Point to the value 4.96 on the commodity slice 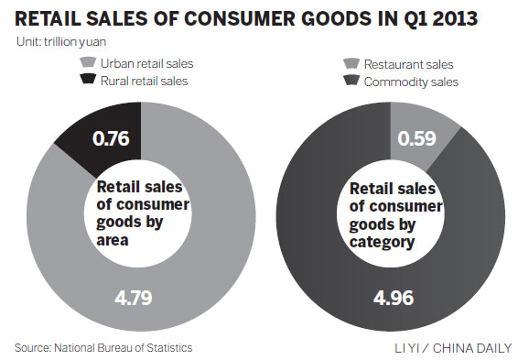[x=397, y=299]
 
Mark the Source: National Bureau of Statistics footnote [x=103, y=347]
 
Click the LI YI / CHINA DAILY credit [x=448, y=348]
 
